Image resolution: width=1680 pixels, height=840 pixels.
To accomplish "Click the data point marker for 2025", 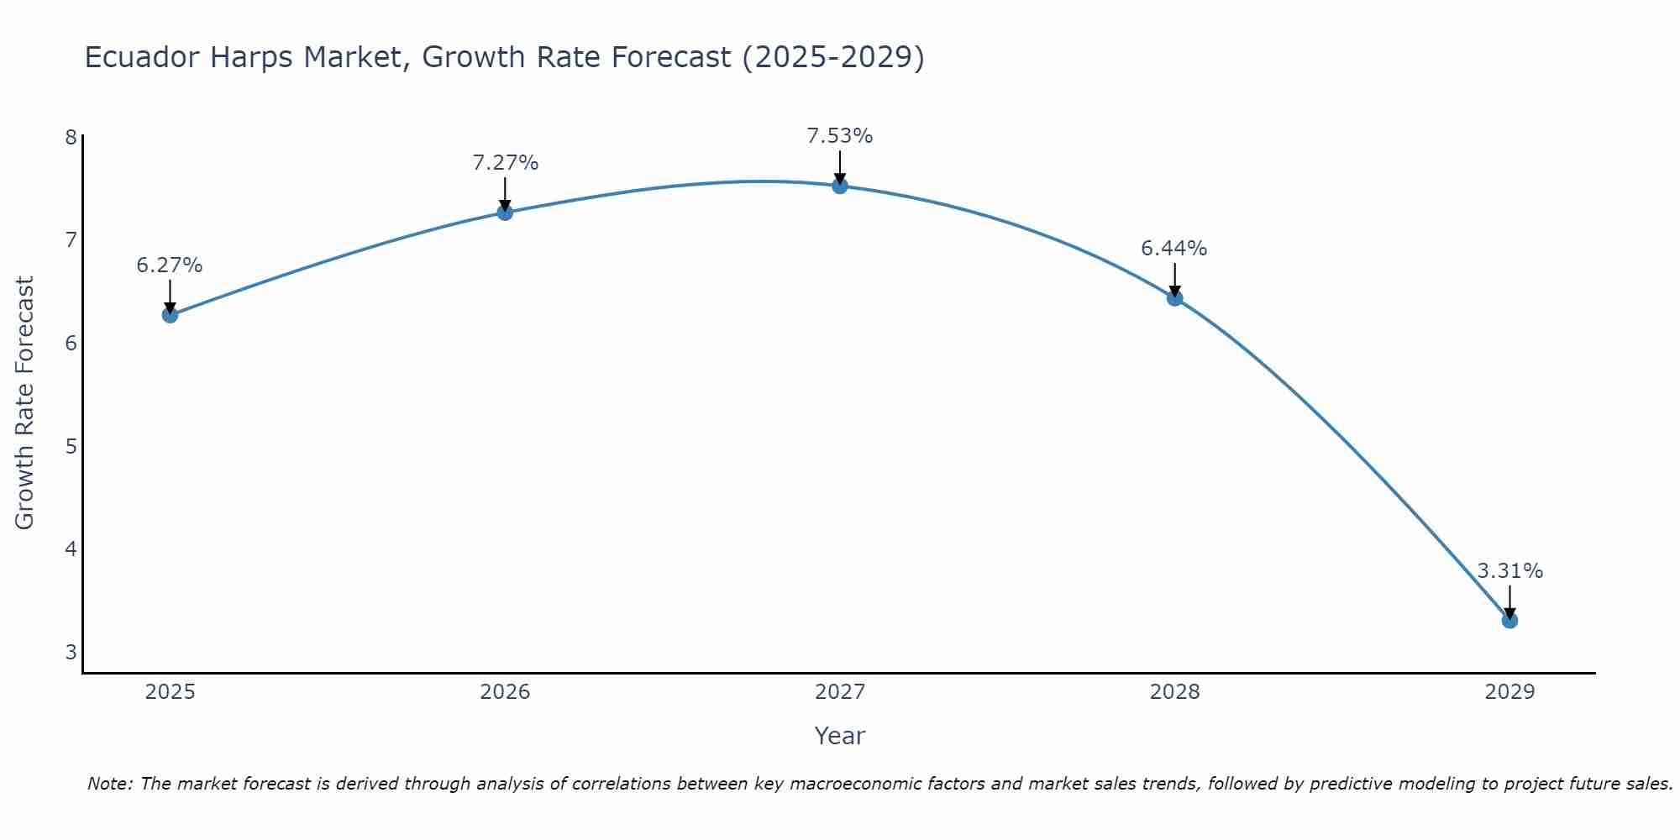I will pyautogui.click(x=170, y=315).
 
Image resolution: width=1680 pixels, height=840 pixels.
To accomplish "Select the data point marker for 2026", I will pyautogui.click(x=505, y=213).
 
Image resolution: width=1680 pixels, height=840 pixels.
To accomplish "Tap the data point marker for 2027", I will pyautogui.click(x=840, y=186).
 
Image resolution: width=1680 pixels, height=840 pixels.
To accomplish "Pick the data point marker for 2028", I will pyautogui.click(x=1174, y=298).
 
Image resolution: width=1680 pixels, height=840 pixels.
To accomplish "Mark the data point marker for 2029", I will pyautogui.click(x=1509, y=621).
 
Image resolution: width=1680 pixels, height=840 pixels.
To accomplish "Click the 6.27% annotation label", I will pyautogui.click(x=170, y=265).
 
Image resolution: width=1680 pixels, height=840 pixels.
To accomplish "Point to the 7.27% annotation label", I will pyautogui.click(x=505, y=163).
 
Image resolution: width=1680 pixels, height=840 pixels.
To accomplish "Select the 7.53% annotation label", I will pyautogui.click(x=840, y=136).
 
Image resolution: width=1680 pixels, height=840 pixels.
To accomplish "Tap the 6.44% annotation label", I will pyautogui.click(x=1174, y=249).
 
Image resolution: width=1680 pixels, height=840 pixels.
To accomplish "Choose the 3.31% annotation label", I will pyautogui.click(x=1509, y=571).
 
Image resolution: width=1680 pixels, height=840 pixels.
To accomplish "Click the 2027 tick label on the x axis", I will pyautogui.click(x=840, y=692).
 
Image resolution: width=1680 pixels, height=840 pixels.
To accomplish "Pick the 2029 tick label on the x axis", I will pyautogui.click(x=1509, y=692).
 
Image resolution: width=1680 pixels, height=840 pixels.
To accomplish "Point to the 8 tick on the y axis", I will pyautogui.click(x=71, y=137).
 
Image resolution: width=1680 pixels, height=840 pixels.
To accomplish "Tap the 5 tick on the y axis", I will pyautogui.click(x=71, y=446).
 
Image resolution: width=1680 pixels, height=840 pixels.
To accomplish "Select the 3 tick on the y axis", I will pyautogui.click(x=71, y=652).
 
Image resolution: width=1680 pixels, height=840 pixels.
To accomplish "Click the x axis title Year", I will pyautogui.click(x=840, y=736).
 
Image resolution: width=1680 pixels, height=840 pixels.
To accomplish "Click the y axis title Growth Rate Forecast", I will pyautogui.click(x=25, y=403).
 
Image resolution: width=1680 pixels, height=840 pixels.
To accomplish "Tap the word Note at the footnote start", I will pyautogui.click(x=109, y=784).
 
